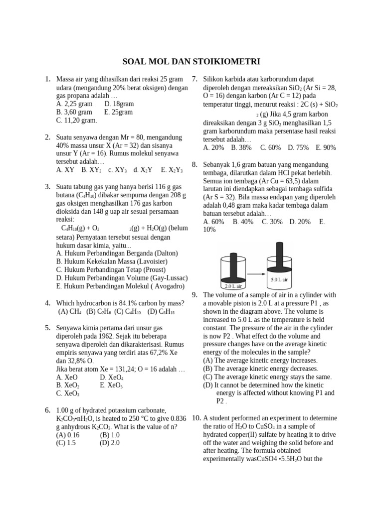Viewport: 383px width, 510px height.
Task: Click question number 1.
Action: pos(47,79)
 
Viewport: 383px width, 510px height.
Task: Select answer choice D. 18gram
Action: pos(119,104)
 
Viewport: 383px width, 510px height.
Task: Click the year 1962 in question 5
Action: pos(113,336)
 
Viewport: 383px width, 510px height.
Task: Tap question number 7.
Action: pos(195,79)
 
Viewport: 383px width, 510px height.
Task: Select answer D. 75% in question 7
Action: pos(298,147)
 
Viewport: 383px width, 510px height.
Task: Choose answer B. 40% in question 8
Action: pos(243,221)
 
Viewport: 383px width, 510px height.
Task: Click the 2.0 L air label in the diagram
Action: pos(233,286)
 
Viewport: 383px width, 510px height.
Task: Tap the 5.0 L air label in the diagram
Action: pos(279,280)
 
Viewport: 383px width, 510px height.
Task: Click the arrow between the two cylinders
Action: pos(256,273)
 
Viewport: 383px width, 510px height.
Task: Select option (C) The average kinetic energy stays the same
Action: pos(267,377)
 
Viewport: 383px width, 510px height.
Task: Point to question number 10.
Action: pos(196,418)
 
